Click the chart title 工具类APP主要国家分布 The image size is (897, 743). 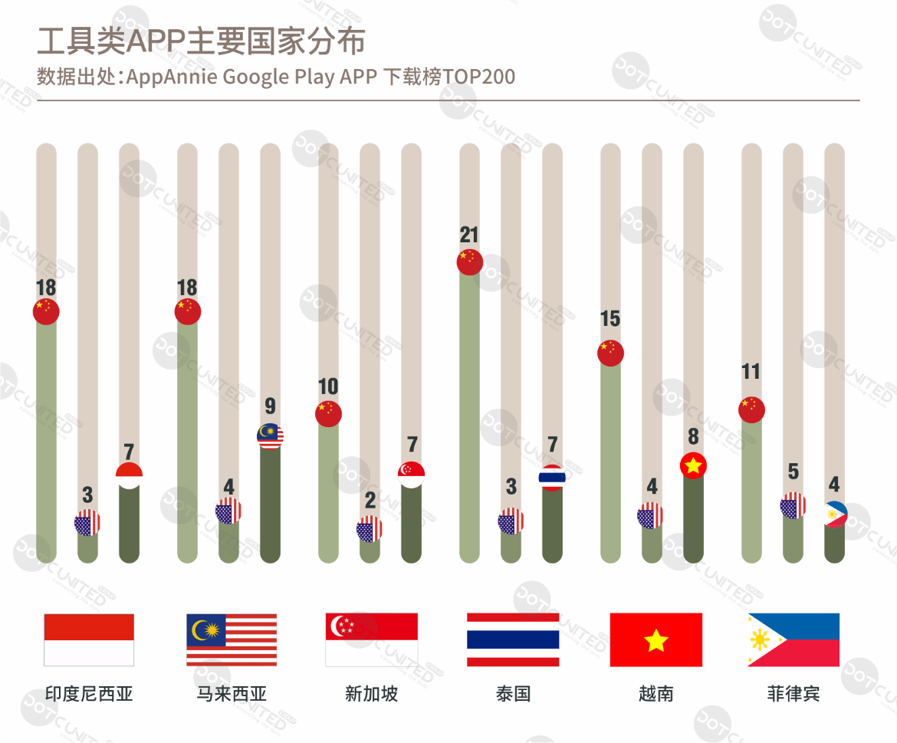201,41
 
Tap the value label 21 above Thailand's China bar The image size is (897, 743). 469,235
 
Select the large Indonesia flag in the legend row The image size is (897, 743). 89,639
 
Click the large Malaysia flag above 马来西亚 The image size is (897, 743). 232,639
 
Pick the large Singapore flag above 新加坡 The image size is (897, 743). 372,639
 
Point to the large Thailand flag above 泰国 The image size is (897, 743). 513,639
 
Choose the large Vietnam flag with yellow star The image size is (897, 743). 655,639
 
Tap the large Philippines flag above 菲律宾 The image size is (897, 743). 793,639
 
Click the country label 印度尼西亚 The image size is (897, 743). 89,695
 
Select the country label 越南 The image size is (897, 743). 655,695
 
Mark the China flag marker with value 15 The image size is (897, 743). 611,353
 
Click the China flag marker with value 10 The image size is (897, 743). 328,413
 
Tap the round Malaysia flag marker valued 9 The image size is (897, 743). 270,436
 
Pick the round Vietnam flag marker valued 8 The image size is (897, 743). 693,465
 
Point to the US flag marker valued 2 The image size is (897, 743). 370,529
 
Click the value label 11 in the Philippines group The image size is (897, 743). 751,372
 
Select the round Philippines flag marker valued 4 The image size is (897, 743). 834,515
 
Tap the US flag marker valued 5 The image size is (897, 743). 793,506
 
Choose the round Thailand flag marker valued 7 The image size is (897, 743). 552,477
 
